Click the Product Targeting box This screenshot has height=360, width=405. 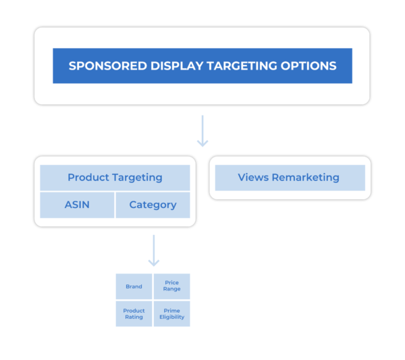(x=115, y=178)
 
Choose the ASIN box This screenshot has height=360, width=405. (x=77, y=205)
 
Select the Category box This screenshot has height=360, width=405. (x=153, y=205)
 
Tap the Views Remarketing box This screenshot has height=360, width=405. (x=289, y=178)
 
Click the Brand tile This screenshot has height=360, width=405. (x=134, y=286)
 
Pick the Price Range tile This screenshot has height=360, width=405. (x=171, y=286)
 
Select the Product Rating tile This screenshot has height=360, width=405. (x=134, y=314)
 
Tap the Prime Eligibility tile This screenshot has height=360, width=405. (x=171, y=314)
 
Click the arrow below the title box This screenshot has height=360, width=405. (x=202, y=131)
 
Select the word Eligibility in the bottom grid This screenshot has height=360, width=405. (x=171, y=317)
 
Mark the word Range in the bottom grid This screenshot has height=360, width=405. (x=171, y=290)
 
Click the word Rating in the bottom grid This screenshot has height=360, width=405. (x=134, y=317)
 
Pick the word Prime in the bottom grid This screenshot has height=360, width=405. (x=171, y=311)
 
